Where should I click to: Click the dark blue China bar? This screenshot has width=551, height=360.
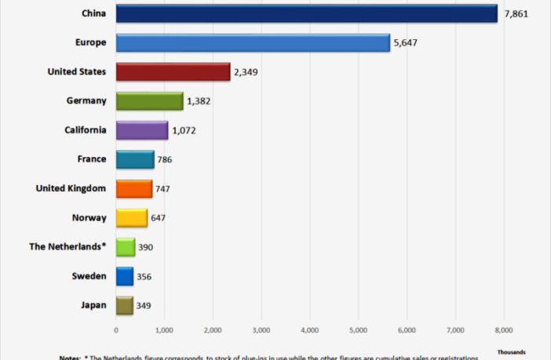click(306, 13)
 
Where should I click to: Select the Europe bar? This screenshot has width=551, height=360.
click(253, 42)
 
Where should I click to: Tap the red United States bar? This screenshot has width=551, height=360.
click(173, 72)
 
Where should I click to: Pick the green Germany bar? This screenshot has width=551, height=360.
click(149, 101)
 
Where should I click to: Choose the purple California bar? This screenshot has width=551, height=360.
click(141, 130)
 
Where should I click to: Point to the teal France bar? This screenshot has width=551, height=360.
click(134, 160)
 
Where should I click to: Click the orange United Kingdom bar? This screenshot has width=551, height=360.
click(133, 189)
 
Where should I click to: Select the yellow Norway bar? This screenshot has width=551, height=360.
click(131, 218)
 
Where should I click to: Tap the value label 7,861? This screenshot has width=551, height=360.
click(516, 13)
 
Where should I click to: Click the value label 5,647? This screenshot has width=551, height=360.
click(406, 42)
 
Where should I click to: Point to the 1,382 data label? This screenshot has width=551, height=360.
click(199, 101)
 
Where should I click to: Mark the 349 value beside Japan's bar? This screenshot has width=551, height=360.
click(144, 306)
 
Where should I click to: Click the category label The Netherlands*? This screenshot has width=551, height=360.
click(68, 246)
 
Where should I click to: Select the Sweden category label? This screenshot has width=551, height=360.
click(90, 276)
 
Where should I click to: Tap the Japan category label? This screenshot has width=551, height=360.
click(93, 305)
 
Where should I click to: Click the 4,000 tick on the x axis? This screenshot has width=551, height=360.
click(309, 330)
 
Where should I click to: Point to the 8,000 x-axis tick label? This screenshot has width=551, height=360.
click(503, 330)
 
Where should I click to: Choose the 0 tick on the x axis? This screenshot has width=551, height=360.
click(116, 330)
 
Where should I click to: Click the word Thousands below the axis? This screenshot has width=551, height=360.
click(511, 351)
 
